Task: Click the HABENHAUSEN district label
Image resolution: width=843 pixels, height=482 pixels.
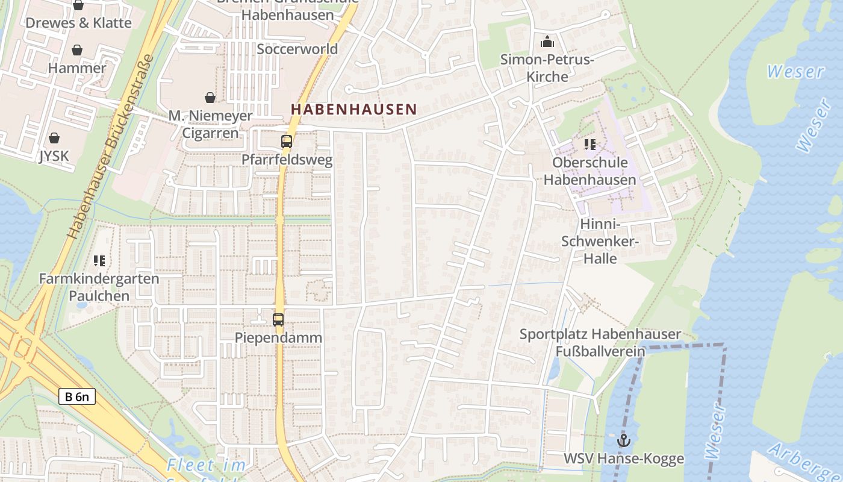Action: [x=353, y=109]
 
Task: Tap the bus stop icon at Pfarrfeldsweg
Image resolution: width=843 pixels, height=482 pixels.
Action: [x=287, y=142]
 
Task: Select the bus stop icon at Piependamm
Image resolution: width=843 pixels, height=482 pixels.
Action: [x=278, y=320]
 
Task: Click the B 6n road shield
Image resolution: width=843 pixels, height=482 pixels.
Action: [x=77, y=396]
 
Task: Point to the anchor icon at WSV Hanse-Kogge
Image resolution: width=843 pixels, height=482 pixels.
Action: [x=623, y=440]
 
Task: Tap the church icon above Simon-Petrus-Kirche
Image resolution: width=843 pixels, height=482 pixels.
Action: [x=547, y=42]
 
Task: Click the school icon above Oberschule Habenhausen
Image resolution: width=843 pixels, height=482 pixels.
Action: [x=589, y=145]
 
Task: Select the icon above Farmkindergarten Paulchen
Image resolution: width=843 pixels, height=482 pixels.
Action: [x=99, y=261]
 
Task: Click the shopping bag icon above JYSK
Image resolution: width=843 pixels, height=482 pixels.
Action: [x=54, y=138]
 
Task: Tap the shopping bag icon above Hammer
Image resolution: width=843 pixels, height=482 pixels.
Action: [x=77, y=50]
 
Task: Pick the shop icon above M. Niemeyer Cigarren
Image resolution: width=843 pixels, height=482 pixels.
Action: [x=210, y=97]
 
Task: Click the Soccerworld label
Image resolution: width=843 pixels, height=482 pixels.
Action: [x=297, y=49]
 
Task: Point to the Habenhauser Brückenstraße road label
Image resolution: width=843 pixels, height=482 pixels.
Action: [x=111, y=146]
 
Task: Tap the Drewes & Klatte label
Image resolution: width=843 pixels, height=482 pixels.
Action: [x=78, y=23]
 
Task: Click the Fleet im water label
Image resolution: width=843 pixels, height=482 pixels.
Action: [x=207, y=465]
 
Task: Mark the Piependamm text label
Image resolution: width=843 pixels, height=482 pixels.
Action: [x=278, y=337]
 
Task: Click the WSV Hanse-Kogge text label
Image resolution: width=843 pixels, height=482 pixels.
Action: [x=623, y=459]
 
